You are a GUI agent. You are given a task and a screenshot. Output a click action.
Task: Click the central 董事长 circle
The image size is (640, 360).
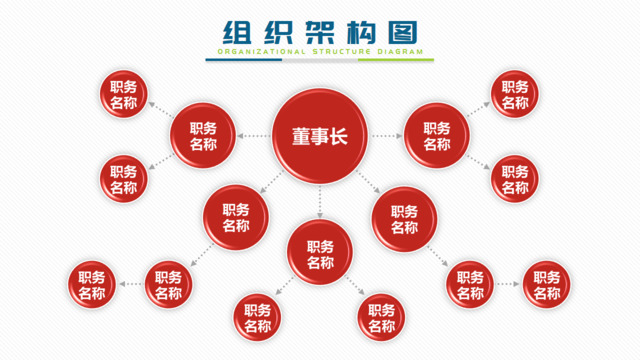[320, 135]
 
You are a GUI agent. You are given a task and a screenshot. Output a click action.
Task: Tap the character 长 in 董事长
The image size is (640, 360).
[342, 136]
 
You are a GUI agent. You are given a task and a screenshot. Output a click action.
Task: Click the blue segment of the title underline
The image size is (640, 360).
[244, 59]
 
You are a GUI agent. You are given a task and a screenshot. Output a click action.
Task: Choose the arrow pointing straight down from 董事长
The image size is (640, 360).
[320, 202]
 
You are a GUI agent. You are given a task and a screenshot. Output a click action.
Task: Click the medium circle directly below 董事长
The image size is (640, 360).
[320, 254]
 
